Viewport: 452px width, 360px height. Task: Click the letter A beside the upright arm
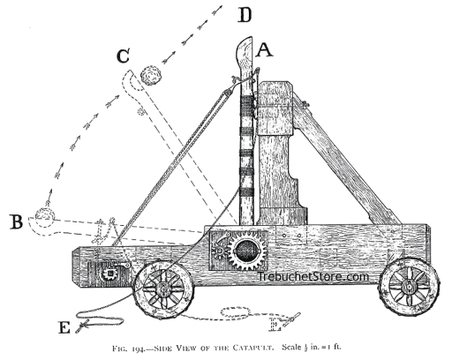coord(265,49)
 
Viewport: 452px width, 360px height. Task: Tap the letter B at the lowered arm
coord(16,221)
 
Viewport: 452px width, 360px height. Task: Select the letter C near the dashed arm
coord(123,56)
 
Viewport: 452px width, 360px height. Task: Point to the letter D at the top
coord(245,15)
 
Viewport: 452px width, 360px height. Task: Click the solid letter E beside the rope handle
coord(64,326)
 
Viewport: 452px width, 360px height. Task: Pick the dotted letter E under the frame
coord(275,324)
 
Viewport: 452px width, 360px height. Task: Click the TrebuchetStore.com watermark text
coord(313,276)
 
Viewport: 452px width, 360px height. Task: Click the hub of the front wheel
coord(162,289)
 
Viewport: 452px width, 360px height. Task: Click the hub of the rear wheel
coord(409,285)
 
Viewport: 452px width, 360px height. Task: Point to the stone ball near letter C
coord(151,76)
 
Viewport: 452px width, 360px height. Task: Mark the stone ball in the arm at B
coord(45,214)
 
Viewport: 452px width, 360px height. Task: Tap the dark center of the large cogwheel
coord(247,251)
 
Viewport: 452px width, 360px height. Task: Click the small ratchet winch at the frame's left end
coord(110,274)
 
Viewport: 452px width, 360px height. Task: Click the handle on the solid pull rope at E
coord(83,326)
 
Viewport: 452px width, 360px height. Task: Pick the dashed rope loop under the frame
coord(236,312)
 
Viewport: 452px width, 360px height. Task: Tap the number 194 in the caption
coord(139,349)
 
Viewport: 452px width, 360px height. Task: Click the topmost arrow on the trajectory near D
coord(217,10)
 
